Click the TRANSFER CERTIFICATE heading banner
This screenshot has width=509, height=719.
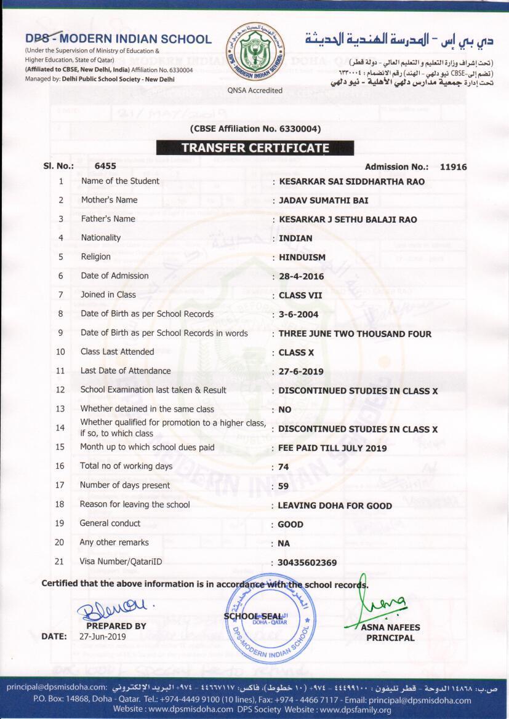[x=255, y=148]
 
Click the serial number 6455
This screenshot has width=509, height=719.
[x=105, y=166]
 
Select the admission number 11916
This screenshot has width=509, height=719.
[x=454, y=167]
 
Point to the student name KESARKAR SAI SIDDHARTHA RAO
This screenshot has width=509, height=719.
[x=351, y=182]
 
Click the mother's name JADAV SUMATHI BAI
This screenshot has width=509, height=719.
[x=324, y=201]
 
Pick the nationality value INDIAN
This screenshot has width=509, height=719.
[x=295, y=238]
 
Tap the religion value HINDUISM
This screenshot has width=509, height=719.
[x=302, y=257]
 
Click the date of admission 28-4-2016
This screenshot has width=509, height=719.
[x=301, y=277]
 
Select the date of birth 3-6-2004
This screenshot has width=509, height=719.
[x=298, y=314]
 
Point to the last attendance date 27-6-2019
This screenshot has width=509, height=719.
[x=301, y=372]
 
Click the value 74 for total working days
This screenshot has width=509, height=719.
[x=284, y=467]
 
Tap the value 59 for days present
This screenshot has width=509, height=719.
[x=284, y=486]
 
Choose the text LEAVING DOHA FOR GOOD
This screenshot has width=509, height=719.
[x=335, y=506]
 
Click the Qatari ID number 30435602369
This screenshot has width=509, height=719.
[x=308, y=563]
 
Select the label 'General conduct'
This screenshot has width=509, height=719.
[x=110, y=523]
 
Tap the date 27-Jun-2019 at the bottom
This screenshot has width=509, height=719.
[x=103, y=637]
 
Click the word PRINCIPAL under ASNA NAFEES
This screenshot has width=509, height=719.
[x=390, y=638]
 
